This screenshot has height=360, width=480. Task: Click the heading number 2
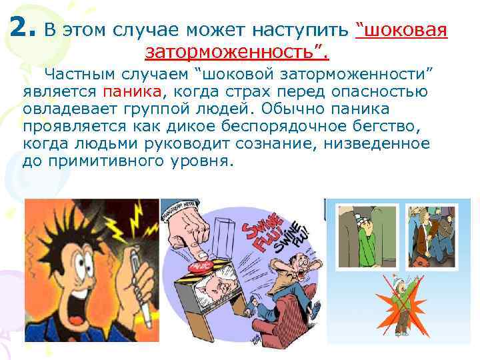tap(23, 27)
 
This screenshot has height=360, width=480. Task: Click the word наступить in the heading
tap(302, 31)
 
